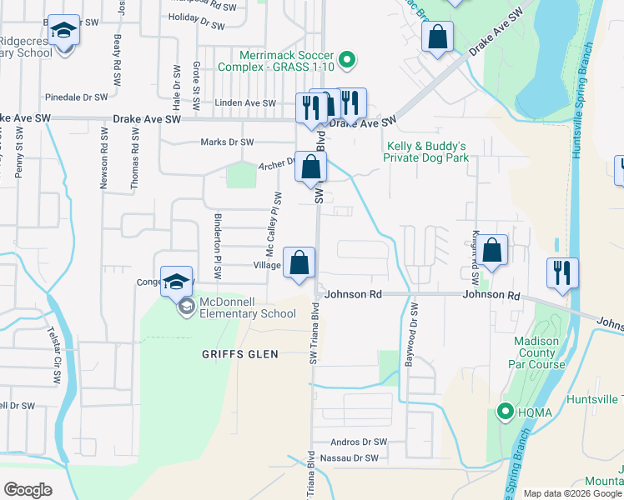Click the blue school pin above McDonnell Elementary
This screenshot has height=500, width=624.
(177, 282)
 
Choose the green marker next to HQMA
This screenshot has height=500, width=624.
(505, 411)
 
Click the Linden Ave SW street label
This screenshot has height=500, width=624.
(245, 103)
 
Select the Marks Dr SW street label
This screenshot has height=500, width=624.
(227, 142)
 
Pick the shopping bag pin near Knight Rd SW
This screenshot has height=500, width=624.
(493, 250)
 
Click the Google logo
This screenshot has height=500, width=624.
(28, 489)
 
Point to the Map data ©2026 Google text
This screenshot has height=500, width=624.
(571, 493)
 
